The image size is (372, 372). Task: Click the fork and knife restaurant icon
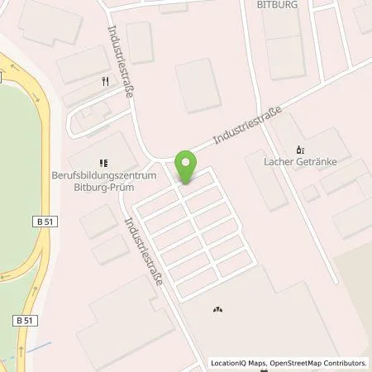coord(104,81)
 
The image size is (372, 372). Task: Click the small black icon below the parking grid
coord(217,310)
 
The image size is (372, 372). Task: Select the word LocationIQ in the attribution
coord(229,362)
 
